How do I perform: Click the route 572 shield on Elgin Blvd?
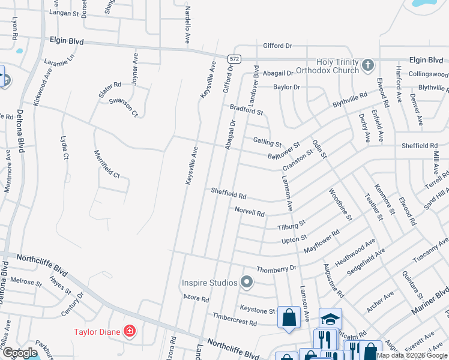coord(234,58)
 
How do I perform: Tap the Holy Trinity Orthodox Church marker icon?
coord(368,65)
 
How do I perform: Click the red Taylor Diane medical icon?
coord(129,331)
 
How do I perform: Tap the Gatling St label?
coord(267,142)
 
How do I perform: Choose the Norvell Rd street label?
coord(250,212)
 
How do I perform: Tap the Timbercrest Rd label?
coord(234,319)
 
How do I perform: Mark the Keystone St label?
coord(257,311)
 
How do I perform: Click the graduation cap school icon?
coord(330,319)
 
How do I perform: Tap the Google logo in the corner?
coord(20,353)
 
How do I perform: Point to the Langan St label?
coord(63,13)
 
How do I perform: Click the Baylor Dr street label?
coord(286,87)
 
